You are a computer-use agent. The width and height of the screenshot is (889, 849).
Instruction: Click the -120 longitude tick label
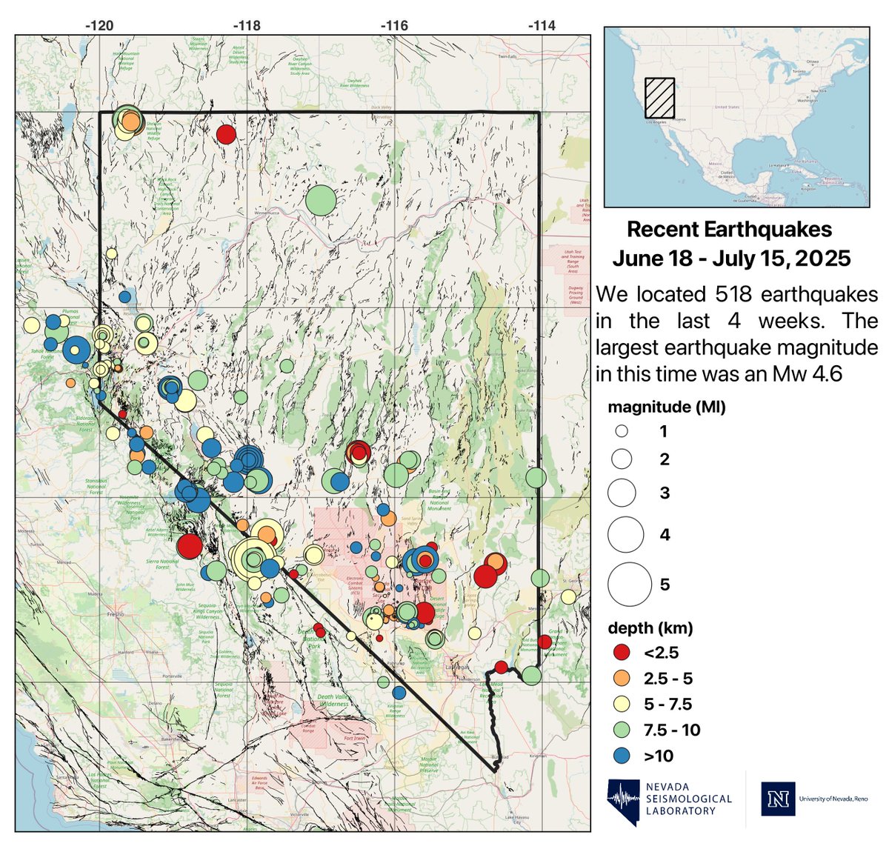tap(99, 25)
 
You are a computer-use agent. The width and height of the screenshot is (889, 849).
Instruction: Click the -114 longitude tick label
tap(542, 25)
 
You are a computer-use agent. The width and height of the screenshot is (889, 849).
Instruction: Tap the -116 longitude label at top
tap(394, 25)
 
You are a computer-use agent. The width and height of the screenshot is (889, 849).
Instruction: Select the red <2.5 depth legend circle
tap(622, 653)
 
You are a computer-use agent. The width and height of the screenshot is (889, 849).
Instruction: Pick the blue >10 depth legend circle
tap(622, 756)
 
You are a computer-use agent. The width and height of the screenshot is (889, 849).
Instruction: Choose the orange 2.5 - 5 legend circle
tap(622, 679)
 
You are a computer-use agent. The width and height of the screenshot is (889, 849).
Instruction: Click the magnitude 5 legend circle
tap(629, 584)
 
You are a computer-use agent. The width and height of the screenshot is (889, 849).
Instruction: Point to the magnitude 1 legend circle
tap(622, 431)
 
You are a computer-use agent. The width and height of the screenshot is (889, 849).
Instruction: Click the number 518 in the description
tap(736, 294)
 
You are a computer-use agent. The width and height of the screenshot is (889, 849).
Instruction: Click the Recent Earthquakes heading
tap(729, 230)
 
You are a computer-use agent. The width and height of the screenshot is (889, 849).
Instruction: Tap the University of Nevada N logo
tap(778, 799)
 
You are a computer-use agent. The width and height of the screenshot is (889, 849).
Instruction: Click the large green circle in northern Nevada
tap(321, 199)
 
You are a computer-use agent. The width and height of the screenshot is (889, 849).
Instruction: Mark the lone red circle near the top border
tap(226, 134)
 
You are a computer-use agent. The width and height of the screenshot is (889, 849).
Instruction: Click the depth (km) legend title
tap(650, 628)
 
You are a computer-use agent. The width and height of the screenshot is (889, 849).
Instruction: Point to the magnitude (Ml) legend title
tap(666, 407)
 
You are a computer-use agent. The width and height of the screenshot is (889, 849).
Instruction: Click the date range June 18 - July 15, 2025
tap(731, 259)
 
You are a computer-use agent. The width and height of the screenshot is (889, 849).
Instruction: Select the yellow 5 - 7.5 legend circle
tap(622, 704)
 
